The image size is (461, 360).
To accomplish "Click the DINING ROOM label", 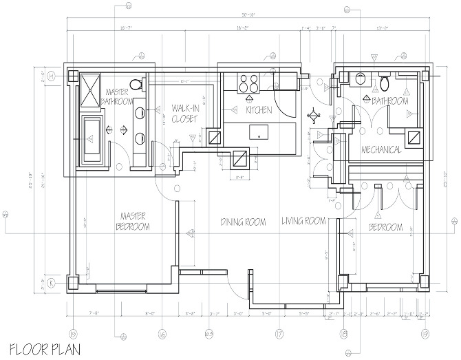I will point(243,222).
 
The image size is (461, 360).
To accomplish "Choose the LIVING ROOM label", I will point(303,221).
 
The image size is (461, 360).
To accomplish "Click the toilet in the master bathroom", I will point(137,84).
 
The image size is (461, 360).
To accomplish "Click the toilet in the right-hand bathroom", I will point(385,83).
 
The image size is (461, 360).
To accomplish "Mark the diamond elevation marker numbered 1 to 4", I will point(315,115).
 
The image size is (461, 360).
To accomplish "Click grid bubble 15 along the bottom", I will point(74,335).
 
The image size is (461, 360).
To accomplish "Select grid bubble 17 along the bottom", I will point(279,335).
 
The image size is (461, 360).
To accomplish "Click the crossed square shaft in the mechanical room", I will point(414,138).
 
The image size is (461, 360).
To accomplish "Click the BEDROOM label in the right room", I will point(386,226).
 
